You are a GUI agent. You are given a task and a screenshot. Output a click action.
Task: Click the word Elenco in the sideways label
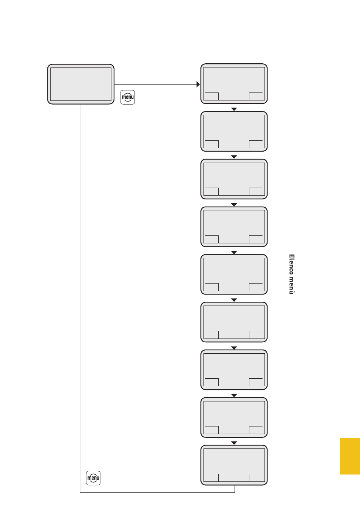point(291,264)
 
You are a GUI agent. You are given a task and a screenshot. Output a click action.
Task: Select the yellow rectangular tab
point(350,456)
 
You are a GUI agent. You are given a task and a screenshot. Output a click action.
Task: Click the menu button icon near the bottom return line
point(93,478)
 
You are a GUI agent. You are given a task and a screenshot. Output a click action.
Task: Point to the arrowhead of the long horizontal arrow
point(198,84)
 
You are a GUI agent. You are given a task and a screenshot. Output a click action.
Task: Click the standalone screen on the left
point(81,84)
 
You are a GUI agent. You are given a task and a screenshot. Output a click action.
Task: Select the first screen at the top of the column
point(234,84)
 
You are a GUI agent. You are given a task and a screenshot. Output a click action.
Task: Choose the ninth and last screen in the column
point(234,465)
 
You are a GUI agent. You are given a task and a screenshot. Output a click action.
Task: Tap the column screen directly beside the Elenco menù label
point(234,274)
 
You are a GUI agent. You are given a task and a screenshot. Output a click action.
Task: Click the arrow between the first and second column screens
point(234,109)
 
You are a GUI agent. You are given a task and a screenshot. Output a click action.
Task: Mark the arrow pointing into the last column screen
point(234,442)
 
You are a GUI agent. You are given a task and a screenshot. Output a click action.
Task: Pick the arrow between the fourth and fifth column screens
point(234,252)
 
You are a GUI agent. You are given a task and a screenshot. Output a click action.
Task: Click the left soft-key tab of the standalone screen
point(58,97)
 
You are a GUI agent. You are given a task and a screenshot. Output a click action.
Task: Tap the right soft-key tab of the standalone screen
point(103,97)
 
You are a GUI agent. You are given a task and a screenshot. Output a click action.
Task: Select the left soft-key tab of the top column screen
point(211,96)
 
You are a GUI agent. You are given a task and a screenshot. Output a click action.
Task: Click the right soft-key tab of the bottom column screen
point(256,478)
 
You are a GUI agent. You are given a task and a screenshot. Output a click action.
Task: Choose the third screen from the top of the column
point(234,179)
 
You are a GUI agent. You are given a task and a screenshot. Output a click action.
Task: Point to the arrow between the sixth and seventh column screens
point(234,347)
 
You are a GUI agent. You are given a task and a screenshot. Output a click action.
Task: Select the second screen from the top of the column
point(234,131)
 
